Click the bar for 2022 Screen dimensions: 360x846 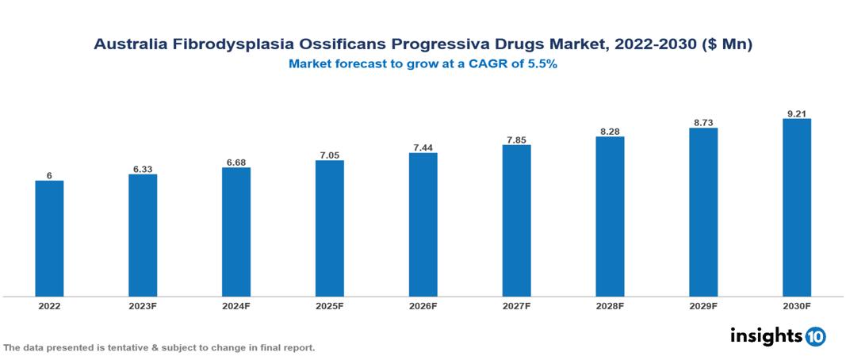(x=49, y=239)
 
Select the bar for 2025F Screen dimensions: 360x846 (x=329, y=228)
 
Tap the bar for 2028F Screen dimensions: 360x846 (x=610, y=216)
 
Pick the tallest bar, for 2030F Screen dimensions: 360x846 (x=796, y=208)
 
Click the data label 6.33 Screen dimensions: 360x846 (x=143, y=169)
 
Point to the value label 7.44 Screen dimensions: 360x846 (x=423, y=147)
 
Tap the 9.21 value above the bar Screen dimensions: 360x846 (x=796, y=113)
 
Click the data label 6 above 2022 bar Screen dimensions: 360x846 (x=49, y=175)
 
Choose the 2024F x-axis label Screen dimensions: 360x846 (x=236, y=305)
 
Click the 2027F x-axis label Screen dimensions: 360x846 (x=516, y=305)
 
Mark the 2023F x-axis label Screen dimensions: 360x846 (x=143, y=305)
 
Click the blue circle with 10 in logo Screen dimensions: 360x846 (x=815, y=336)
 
